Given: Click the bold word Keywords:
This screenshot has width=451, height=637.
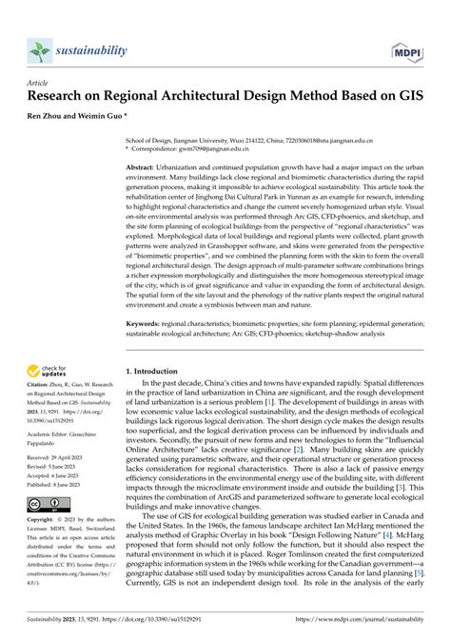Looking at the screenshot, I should point(147,323).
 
